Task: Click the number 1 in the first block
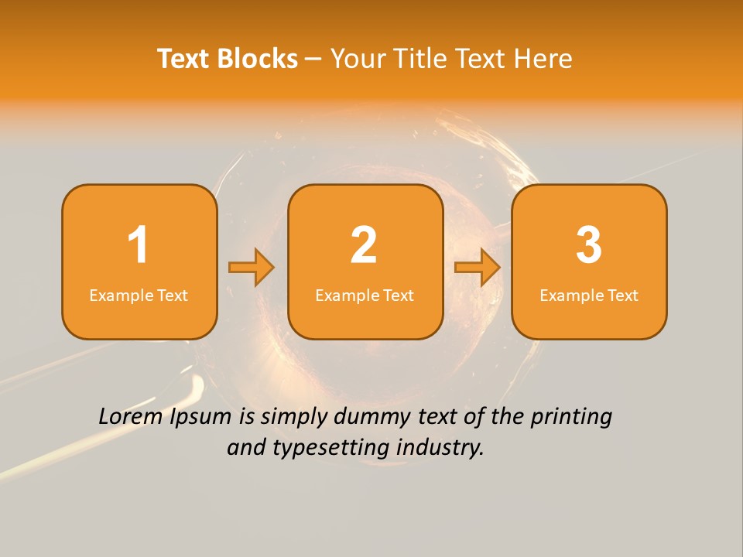(139, 245)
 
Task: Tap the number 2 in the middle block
(364, 245)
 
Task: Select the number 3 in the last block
(589, 245)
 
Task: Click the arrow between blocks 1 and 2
(252, 268)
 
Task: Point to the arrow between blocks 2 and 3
(477, 268)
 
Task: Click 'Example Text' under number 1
(139, 296)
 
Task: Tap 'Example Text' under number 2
(365, 296)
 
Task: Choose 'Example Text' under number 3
(589, 296)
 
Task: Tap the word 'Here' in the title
(543, 59)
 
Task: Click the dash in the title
(314, 60)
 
